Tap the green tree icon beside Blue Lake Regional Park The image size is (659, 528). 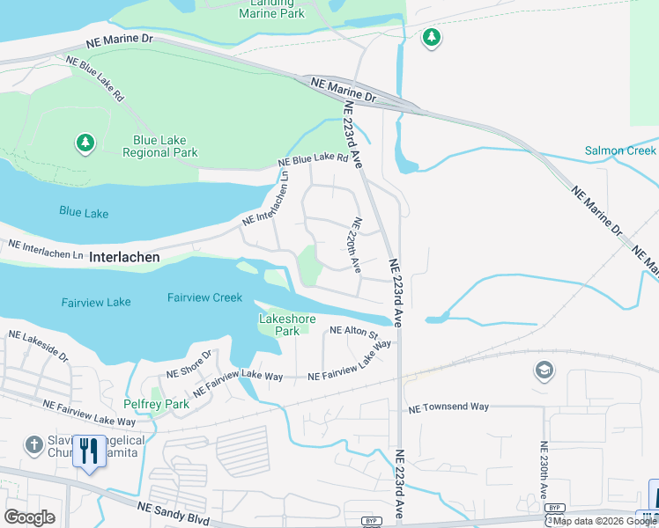[x=85, y=143]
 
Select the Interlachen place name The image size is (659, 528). [x=124, y=258]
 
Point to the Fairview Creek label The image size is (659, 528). [x=204, y=297]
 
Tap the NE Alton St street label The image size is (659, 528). [x=353, y=334]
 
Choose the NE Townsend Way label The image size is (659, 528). [x=448, y=407]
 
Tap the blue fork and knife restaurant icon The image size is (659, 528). [x=88, y=452]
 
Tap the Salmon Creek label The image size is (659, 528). [x=620, y=150]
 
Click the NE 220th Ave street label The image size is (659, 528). [x=357, y=245]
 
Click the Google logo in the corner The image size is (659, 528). [x=29, y=517]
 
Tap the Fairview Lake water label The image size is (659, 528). [x=96, y=302]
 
